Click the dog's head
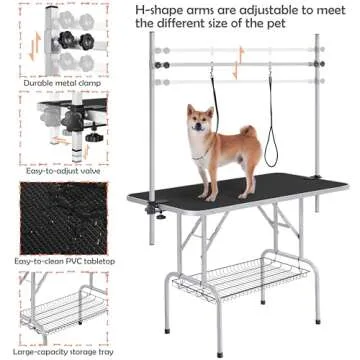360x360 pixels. pos(200,122)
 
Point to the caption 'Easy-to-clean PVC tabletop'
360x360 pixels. pos(46,261)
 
